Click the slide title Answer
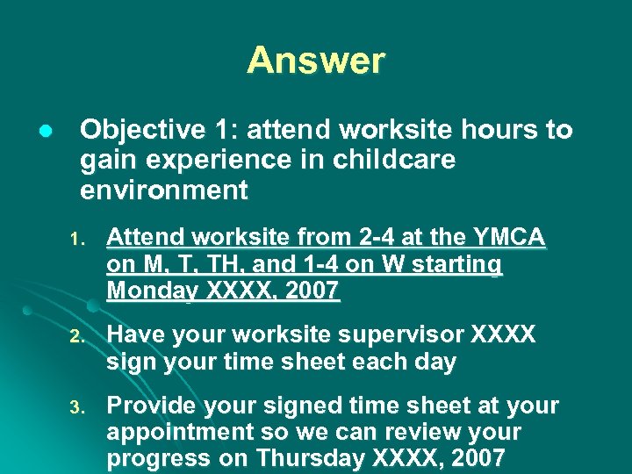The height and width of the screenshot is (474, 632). [315, 61]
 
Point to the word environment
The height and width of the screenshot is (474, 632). [164, 190]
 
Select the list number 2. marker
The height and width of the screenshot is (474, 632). [76, 337]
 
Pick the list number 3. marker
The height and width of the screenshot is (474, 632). [76, 407]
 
